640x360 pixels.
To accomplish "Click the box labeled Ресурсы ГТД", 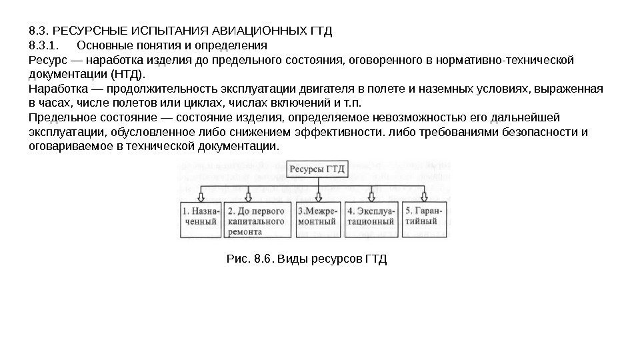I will click(317, 169).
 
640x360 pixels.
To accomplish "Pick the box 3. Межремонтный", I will click(317, 218).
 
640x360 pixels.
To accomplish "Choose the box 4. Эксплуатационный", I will click(371, 218).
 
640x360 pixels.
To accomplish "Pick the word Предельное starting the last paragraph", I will click(60, 118).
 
